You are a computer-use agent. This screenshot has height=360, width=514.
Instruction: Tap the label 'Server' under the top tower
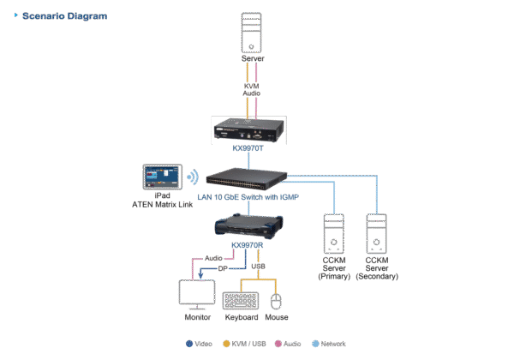click(252, 59)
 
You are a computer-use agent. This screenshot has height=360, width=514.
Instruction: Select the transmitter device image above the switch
click(252, 130)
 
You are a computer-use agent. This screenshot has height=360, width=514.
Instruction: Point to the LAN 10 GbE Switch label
click(253, 196)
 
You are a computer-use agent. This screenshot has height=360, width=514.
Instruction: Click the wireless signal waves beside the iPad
click(194, 178)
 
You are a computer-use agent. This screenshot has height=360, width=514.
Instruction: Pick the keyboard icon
click(242, 301)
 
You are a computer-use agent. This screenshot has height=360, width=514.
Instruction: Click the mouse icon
click(276, 301)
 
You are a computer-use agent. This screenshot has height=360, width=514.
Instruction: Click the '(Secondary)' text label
click(377, 277)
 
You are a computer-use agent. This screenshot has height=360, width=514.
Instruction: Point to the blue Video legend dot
click(190, 343)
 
